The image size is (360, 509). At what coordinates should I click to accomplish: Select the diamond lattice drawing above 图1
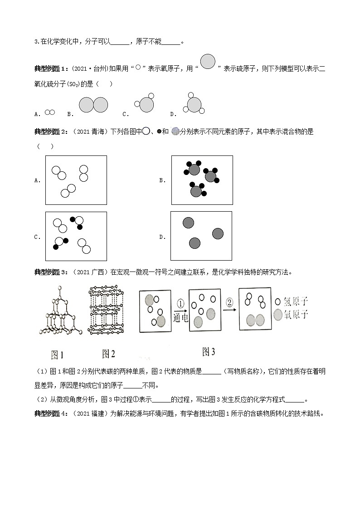(62, 313)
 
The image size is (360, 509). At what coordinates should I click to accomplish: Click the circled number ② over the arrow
(229, 301)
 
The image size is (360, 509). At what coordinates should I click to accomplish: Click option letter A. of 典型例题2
(38, 180)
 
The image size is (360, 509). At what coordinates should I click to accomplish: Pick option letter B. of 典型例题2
(162, 180)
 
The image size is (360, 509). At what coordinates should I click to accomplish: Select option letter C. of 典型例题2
(38, 237)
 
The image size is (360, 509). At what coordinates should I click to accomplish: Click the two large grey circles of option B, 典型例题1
(93, 105)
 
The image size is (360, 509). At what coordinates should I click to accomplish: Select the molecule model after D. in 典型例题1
(194, 105)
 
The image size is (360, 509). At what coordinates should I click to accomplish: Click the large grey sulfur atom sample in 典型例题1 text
(208, 62)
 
